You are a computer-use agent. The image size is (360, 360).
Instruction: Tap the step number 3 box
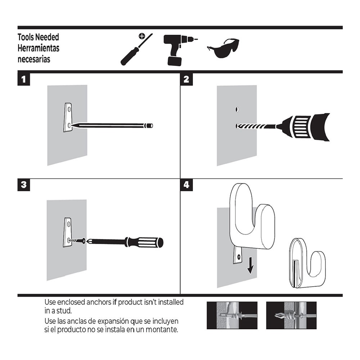[24, 185]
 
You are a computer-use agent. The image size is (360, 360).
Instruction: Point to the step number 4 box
[186, 185]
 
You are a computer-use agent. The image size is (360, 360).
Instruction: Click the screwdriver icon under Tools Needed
[136, 50]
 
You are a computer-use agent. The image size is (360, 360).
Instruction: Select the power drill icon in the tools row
[178, 49]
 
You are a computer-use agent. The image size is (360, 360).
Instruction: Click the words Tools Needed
[38, 37]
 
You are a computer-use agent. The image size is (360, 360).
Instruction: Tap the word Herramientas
[39, 48]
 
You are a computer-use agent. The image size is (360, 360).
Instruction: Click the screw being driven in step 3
[76, 240]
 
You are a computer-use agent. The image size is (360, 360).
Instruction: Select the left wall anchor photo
[232, 315]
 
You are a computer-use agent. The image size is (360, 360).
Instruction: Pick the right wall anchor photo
[291, 315]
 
